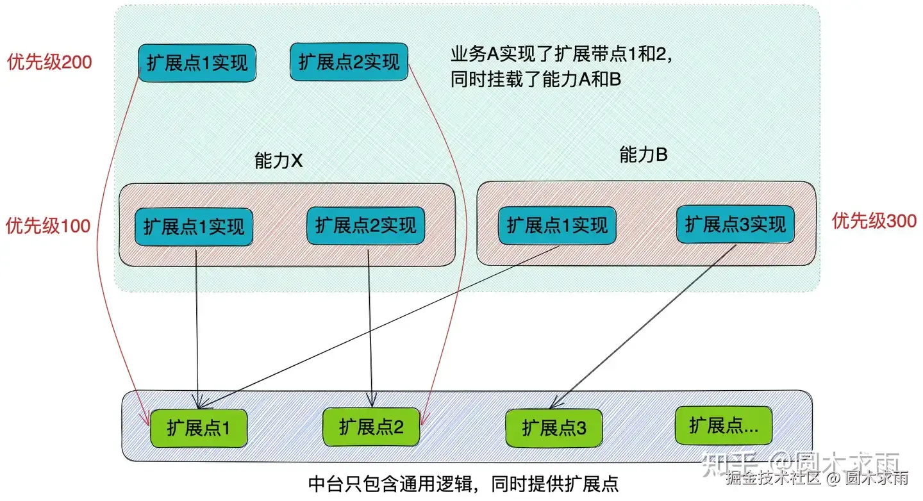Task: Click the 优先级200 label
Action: [49, 62]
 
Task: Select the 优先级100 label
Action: [48, 226]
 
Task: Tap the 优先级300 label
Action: [874, 222]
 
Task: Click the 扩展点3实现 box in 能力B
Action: [735, 224]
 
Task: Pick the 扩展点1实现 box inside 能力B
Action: [557, 225]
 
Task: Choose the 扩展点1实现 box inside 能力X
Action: [194, 227]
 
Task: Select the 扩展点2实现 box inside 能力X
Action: [366, 226]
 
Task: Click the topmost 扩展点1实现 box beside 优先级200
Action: [197, 63]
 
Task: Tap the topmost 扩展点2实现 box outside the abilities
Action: [349, 62]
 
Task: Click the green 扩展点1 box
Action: [198, 428]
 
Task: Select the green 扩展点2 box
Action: [371, 427]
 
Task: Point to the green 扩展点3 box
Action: [554, 428]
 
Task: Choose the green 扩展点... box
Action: [724, 425]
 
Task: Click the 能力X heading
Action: [278, 161]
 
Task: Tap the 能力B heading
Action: [643, 154]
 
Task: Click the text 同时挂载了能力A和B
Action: [535, 81]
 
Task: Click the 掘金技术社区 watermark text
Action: [774, 477]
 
